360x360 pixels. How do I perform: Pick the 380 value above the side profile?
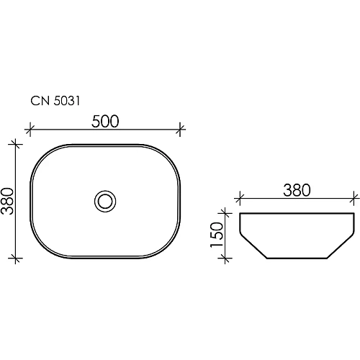click(296, 189)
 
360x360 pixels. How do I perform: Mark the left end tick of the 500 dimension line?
click(30, 130)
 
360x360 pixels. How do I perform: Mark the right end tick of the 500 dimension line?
click(181, 130)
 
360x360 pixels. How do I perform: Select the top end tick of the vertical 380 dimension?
click(17, 143)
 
